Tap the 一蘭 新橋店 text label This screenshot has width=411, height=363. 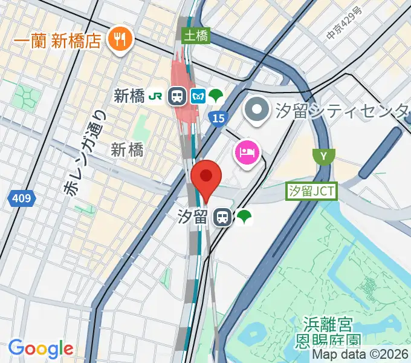tap(57, 41)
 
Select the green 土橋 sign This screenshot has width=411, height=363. tap(196, 36)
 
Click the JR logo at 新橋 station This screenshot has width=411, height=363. tap(157, 96)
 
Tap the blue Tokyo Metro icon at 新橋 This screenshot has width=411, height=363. tap(197, 96)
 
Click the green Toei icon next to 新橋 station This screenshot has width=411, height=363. tap(216, 96)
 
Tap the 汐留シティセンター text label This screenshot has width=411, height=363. tap(341, 111)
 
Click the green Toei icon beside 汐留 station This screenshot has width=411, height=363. tap(244, 217)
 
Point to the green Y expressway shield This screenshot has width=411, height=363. tap(324, 157)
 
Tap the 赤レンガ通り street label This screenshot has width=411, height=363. tap(84, 154)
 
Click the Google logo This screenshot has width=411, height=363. tap(40, 348)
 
